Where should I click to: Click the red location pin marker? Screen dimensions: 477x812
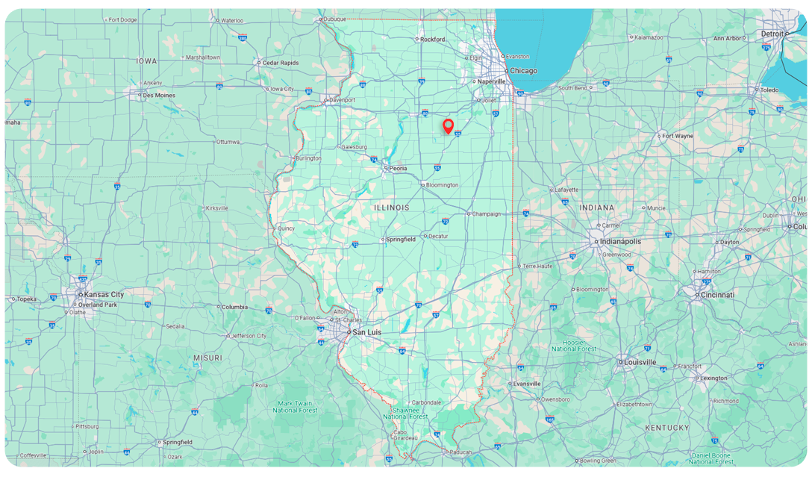click(448, 125)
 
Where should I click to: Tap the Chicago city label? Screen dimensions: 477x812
click(523, 71)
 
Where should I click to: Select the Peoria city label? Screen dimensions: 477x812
click(399, 169)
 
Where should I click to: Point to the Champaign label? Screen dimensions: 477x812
click(487, 213)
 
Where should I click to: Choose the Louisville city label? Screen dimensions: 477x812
click(640, 362)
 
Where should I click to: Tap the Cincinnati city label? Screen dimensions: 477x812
click(717, 295)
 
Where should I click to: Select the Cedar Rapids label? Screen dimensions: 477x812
click(280, 63)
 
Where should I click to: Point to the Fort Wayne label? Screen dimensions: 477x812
click(678, 136)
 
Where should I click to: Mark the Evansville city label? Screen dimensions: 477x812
click(525, 384)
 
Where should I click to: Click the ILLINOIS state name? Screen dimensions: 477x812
click(392, 207)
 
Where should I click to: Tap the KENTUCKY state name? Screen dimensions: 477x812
click(667, 428)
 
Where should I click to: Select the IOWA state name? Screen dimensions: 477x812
click(146, 60)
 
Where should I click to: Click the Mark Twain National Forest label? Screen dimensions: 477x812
click(295, 407)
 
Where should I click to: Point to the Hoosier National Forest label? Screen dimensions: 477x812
click(573, 346)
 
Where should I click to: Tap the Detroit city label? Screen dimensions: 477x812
click(772, 34)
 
